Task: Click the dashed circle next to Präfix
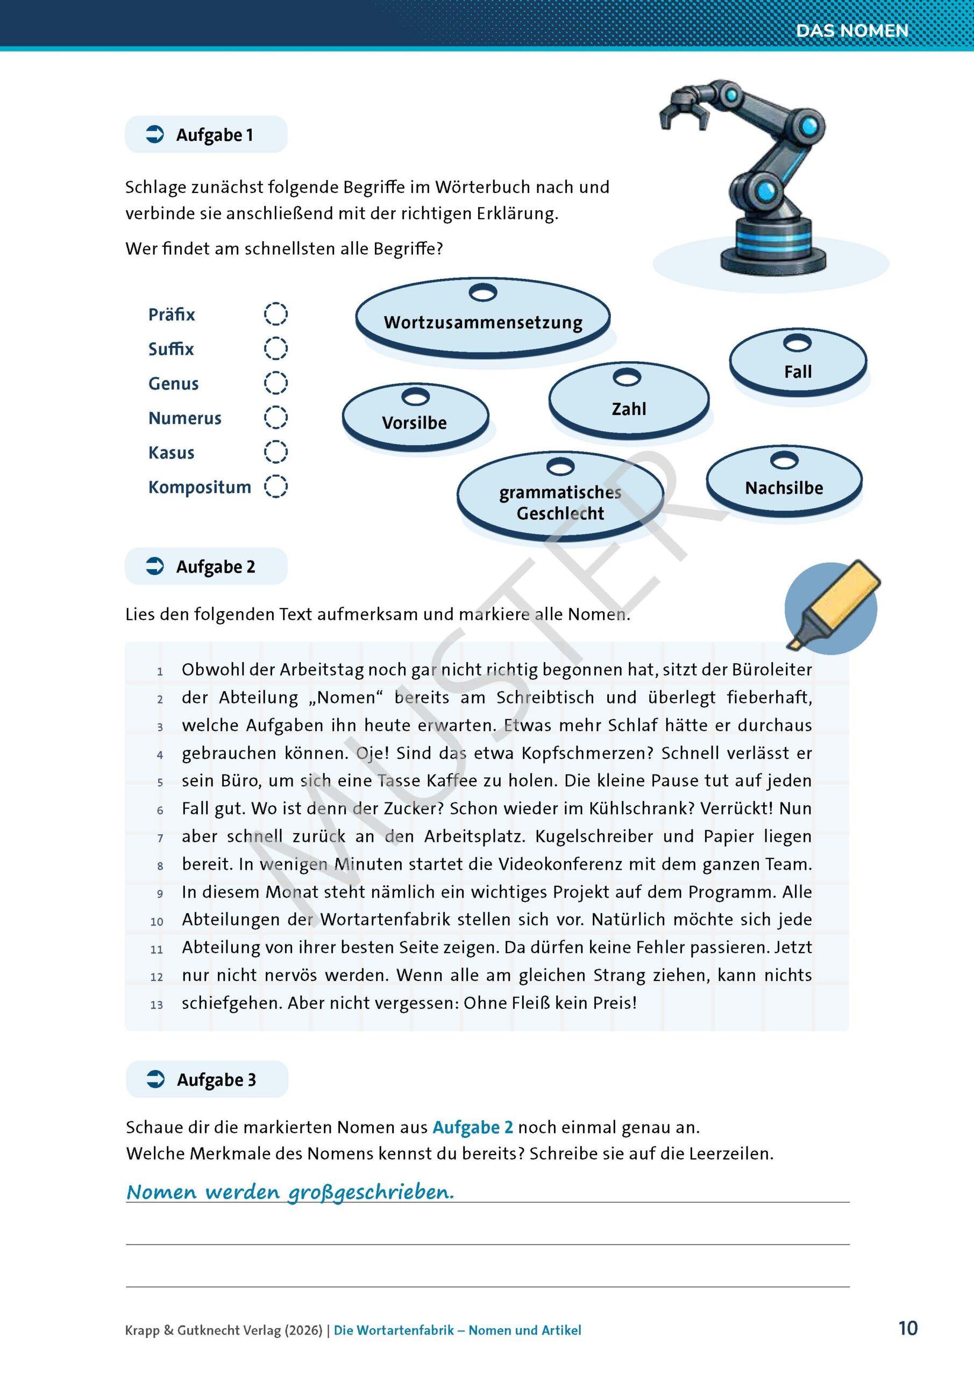coord(276,313)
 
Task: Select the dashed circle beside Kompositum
coord(276,486)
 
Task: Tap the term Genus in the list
coord(173,384)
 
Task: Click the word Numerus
coord(184,418)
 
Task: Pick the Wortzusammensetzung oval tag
coord(483,322)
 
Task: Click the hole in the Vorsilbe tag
coord(416,396)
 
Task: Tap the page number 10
coord(908,1329)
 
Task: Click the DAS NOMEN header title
coord(852,31)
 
